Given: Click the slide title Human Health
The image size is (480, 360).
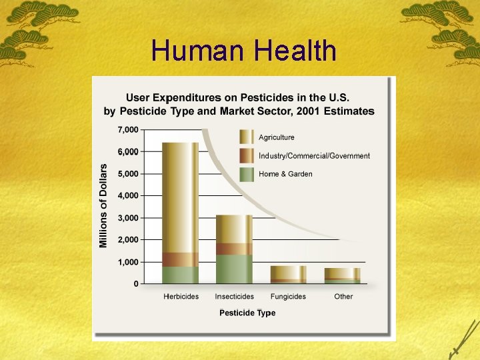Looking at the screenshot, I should (243, 51).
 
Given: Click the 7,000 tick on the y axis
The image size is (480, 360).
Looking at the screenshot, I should (128, 129).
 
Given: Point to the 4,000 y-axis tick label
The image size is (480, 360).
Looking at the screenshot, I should (128, 196).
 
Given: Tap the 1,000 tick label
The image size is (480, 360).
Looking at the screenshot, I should (128, 262).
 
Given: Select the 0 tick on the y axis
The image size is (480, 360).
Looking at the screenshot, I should (136, 284).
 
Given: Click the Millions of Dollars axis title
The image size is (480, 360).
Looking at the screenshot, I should (103, 206).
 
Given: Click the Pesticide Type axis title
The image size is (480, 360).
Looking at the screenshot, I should (247, 313).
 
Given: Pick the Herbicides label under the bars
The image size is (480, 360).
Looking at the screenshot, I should (181, 297).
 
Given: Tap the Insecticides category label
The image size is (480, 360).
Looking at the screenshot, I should (234, 297).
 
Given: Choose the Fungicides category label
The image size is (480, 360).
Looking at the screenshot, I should (288, 297).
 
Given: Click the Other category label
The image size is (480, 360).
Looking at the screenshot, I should (343, 297).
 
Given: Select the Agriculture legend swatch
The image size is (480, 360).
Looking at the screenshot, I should (246, 137).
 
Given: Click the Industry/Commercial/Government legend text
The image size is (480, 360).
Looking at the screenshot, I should (314, 156).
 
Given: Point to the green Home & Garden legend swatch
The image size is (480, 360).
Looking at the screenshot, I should (246, 174).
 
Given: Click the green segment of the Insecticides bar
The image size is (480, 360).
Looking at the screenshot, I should (234, 269).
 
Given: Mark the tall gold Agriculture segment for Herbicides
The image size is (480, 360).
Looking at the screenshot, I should (181, 197).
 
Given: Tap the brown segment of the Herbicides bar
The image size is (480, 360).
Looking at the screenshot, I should (181, 259).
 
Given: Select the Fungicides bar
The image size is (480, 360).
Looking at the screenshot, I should (288, 274).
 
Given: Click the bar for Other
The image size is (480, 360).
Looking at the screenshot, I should (342, 275).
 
